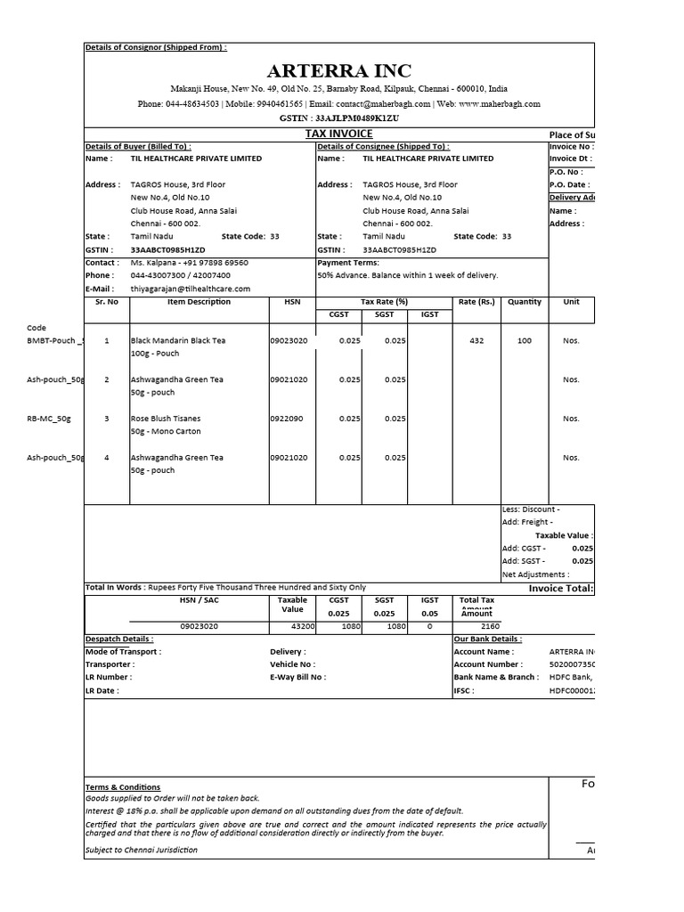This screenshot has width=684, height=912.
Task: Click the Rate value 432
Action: click(x=476, y=341)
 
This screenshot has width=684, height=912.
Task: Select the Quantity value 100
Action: click(x=525, y=341)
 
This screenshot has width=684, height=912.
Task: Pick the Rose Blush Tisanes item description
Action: click(x=166, y=419)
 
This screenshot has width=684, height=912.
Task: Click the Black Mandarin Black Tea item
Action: click(x=177, y=341)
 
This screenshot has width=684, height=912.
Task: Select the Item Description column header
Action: click(x=199, y=302)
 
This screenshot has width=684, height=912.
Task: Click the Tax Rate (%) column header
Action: click(x=384, y=302)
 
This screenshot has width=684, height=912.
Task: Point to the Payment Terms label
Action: click(x=347, y=264)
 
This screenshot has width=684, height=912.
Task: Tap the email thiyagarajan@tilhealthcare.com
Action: click(x=191, y=289)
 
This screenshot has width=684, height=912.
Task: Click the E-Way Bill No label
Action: click(x=297, y=677)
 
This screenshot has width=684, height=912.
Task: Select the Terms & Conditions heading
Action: click(x=123, y=787)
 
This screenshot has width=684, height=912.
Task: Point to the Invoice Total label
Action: click(x=561, y=589)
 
